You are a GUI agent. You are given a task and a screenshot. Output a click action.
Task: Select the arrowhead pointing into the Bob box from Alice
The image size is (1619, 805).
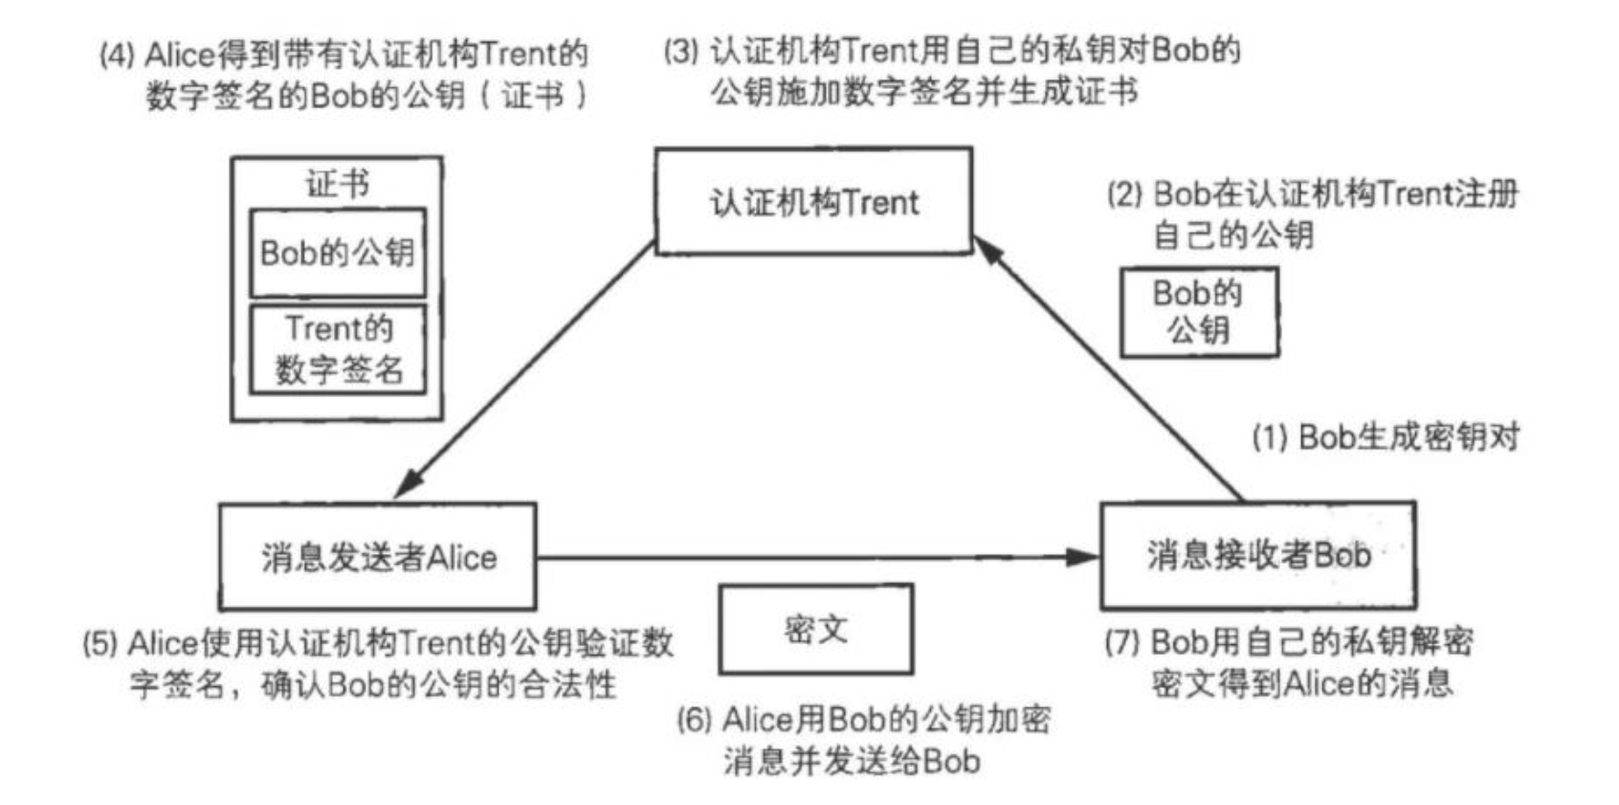(x=1083, y=556)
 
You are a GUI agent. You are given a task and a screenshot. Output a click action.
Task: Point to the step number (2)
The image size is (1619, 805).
(x=1125, y=194)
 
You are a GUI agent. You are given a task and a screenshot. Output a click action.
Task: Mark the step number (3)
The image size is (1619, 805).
(x=681, y=52)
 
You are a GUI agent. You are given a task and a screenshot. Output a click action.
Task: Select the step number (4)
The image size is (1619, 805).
(x=117, y=55)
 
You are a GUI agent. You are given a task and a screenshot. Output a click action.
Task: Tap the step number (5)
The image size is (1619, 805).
(x=100, y=643)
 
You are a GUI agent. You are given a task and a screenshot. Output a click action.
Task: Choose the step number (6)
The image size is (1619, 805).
(x=695, y=720)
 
